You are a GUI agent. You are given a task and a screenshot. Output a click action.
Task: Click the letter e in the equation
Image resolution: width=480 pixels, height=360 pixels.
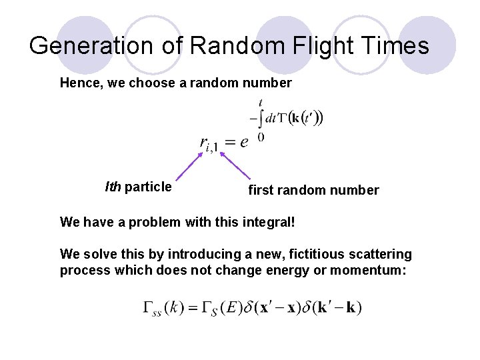[244, 142]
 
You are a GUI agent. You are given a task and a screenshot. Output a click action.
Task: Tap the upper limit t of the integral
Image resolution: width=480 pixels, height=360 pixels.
[260, 103]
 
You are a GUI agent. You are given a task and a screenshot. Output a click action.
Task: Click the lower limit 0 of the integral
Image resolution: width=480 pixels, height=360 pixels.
[261, 137]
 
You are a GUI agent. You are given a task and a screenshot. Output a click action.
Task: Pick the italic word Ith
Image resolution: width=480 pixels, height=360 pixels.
[113, 187]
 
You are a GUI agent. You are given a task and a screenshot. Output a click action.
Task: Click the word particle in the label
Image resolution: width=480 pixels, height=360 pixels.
[148, 187]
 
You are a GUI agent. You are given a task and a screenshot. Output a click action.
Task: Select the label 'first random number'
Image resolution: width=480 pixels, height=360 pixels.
[313, 191]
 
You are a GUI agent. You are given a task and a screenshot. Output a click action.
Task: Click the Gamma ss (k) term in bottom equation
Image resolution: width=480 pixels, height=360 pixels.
[162, 307]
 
